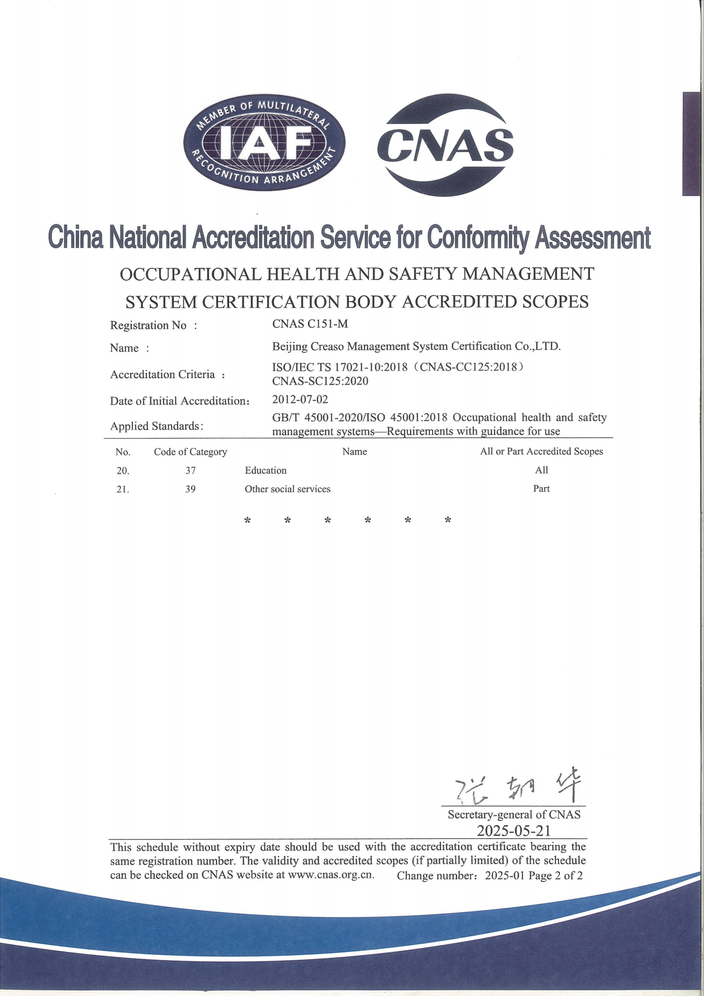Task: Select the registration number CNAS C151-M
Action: (x=310, y=324)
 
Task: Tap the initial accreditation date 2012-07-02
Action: (x=300, y=399)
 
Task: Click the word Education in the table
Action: (x=266, y=470)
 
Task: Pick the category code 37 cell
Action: (x=190, y=470)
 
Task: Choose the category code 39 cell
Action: (x=190, y=489)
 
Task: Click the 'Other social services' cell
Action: (x=287, y=489)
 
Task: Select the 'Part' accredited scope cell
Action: (x=541, y=489)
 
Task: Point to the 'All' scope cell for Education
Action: (x=541, y=470)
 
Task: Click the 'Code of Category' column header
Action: (x=190, y=452)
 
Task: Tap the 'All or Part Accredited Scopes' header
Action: (x=541, y=451)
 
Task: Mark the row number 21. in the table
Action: (x=122, y=490)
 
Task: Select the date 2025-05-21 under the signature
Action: (x=513, y=831)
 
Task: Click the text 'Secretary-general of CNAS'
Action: (x=514, y=815)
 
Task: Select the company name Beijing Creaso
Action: (x=416, y=346)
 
